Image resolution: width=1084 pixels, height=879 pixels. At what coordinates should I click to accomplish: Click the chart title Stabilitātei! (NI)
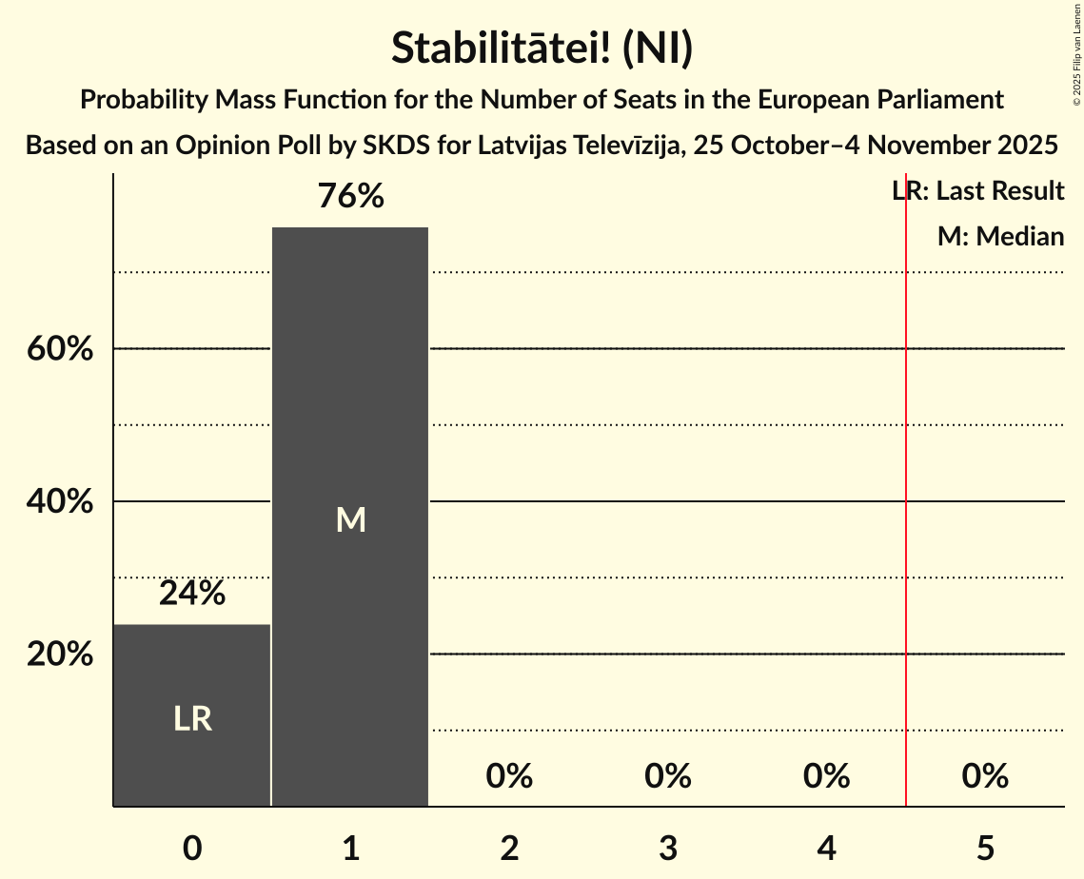pyautogui.click(x=542, y=49)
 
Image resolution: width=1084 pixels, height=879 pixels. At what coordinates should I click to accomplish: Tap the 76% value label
pyautogui.click(x=350, y=197)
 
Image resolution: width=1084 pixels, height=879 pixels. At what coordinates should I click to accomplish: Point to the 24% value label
pyautogui.click(x=192, y=594)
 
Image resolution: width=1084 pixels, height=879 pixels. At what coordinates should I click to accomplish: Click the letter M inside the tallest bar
pyautogui.click(x=350, y=519)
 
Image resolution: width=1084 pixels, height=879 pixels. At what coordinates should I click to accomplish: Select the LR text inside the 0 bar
pyautogui.click(x=192, y=719)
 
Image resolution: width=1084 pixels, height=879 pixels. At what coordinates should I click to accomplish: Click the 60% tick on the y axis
pyautogui.click(x=60, y=349)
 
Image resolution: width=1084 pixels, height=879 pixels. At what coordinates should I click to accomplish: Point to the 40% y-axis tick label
pyautogui.click(x=60, y=501)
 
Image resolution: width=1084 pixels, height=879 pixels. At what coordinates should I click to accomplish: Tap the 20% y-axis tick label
pyautogui.click(x=60, y=654)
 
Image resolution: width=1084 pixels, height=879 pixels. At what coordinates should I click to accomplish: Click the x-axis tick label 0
pyautogui.click(x=192, y=848)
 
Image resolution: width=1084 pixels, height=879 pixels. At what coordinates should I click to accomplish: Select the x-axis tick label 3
pyautogui.click(x=668, y=848)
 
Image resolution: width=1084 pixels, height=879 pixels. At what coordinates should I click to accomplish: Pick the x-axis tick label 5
pyautogui.click(x=985, y=848)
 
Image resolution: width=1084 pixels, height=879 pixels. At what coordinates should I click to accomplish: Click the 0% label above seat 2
pyautogui.click(x=509, y=776)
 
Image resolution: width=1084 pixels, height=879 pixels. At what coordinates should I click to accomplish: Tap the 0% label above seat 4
pyautogui.click(x=826, y=776)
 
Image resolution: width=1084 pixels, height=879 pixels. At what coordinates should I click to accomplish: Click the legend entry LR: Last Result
pyautogui.click(x=978, y=191)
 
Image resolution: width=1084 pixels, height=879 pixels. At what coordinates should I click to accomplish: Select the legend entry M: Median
pyautogui.click(x=1000, y=236)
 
